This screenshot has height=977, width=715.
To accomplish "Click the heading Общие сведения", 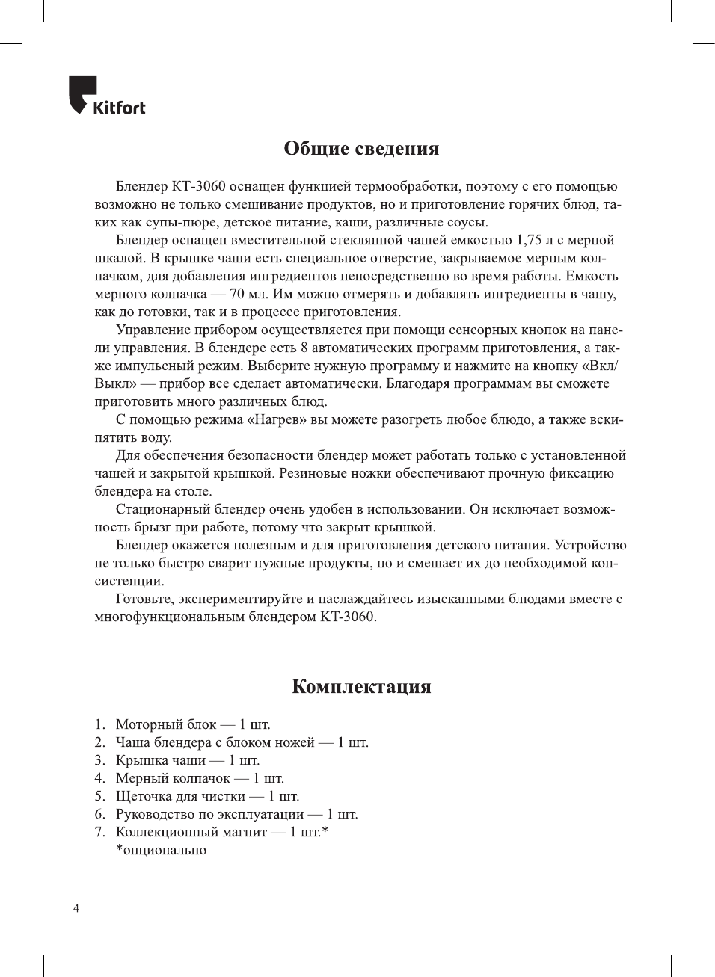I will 361,149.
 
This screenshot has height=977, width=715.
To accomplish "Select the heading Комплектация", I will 361,687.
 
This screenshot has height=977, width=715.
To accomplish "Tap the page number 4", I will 76,908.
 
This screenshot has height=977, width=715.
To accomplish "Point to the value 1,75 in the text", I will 529,240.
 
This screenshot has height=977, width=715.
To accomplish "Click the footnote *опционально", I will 161,850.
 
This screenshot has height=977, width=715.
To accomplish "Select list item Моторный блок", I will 166,724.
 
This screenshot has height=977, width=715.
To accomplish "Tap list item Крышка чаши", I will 161,760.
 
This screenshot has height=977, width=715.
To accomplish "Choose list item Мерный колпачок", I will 173,778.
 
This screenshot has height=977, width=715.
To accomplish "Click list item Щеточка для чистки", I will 181,796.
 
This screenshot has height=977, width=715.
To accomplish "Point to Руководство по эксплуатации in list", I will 210,814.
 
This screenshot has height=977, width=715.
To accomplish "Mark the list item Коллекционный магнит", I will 191,832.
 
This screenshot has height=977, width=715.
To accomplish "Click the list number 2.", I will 99,742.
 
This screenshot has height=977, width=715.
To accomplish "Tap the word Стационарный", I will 163,509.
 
